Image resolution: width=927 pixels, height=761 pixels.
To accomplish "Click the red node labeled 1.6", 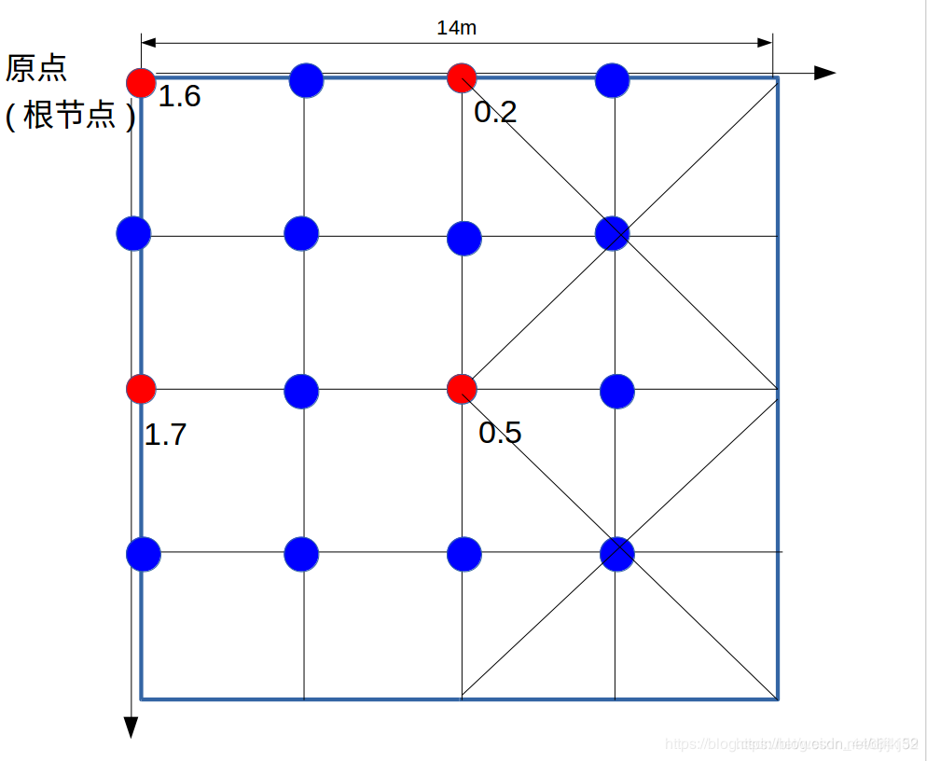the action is (x=141, y=82).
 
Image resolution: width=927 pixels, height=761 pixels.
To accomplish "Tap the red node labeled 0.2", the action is (x=462, y=78).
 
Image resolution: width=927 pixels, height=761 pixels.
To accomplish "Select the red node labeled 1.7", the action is (x=141, y=388).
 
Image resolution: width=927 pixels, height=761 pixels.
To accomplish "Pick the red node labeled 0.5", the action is (x=462, y=388).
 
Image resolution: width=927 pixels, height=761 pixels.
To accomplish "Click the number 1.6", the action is (x=179, y=96).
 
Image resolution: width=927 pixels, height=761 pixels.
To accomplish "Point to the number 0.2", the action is (x=495, y=113).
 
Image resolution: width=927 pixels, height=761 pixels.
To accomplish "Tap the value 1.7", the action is (x=165, y=435).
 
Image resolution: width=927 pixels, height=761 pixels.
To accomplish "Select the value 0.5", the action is (x=500, y=433).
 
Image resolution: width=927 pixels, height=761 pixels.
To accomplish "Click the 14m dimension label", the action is (x=456, y=28).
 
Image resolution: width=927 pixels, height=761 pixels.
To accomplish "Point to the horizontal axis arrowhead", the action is (x=824, y=73).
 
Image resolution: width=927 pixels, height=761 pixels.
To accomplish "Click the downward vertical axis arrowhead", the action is (x=131, y=726).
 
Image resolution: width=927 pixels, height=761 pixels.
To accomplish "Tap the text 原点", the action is (x=35, y=68).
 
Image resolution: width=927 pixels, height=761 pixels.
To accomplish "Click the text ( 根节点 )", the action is (x=71, y=117).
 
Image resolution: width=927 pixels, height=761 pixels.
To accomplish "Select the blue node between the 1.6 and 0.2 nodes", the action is (x=306, y=80).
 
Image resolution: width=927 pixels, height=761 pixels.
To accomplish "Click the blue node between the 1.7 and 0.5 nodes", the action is (x=301, y=391).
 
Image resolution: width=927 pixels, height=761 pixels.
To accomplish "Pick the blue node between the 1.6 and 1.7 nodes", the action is (x=133, y=232).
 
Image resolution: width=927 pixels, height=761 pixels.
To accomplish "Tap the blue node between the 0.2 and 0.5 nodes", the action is (x=463, y=238).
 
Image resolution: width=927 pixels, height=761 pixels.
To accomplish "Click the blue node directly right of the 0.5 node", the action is (x=616, y=391).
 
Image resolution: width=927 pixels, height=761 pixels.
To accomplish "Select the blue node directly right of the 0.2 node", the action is (x=612, y=80).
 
